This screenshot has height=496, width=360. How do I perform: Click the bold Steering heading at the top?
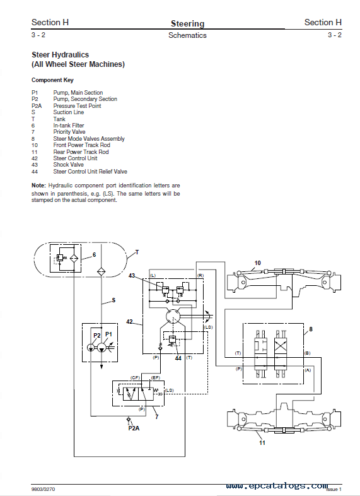point(187,23)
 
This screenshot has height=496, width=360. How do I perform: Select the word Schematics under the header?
point(187,35)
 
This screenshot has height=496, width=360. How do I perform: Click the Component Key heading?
point(52,80)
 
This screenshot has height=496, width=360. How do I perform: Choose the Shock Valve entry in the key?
point(68,165)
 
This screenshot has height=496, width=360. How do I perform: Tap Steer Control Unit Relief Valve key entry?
point(90,172)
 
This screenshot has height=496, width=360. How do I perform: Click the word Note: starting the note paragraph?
point(38,186)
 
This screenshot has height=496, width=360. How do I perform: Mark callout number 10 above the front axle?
point(257,263)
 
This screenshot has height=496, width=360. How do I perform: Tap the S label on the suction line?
point(113,301)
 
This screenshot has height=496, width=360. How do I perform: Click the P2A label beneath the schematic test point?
point(134,428)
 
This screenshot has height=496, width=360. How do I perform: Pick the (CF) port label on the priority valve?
point(135,377)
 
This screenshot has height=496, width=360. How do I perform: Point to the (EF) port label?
point(155,377)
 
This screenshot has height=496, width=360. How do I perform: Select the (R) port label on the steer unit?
point(200,276)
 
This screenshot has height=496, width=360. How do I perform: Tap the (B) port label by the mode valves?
point(307,353)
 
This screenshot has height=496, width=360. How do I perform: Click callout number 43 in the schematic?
point(132,276)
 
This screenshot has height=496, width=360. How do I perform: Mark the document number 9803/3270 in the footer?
point(44,489)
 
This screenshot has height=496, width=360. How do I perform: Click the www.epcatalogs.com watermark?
point(276,487)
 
